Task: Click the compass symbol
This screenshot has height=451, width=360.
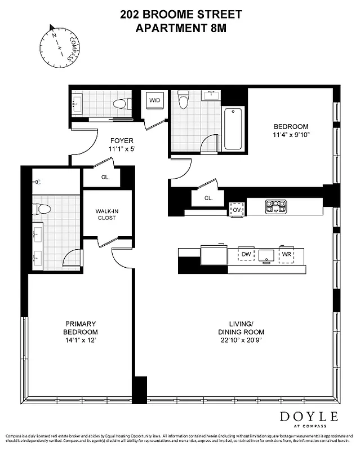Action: (58, 43)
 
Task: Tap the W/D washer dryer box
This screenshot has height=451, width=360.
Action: (153, 101)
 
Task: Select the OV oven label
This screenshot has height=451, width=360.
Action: (237, 210)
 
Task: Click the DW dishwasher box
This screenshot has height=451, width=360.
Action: (246, 254)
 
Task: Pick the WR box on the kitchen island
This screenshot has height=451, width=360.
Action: (287, 254)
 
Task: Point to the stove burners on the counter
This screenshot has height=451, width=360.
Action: (275, 206)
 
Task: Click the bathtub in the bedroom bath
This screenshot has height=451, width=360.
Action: (233, 128)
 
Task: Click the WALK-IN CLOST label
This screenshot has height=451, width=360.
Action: (106, 215)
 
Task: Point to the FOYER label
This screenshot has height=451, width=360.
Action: (121, 141)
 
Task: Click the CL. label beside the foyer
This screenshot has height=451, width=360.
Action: (105, 177)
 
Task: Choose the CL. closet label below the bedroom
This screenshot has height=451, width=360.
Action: (208, 198)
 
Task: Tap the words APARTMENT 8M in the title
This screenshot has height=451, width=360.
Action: (180, 26)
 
